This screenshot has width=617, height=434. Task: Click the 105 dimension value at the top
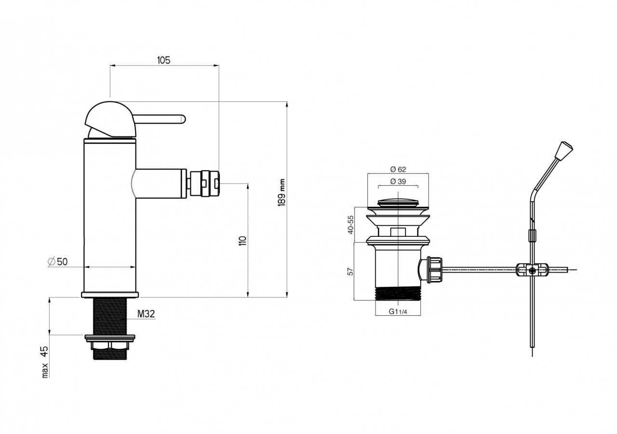[x=163, y=60]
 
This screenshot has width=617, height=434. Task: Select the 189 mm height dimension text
[x=282, y=192]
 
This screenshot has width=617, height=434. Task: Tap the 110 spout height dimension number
[x=242, y=241]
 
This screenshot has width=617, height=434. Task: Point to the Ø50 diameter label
[x=57, y=261]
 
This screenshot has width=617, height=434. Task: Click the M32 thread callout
[x=146, y=313]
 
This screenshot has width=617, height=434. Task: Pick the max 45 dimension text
[x=45, y=362]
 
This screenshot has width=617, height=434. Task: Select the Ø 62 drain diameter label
[x=398, y=169]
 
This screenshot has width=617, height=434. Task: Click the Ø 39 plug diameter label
[x=398, y=181]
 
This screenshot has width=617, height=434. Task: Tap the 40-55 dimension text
[x=350, y=224]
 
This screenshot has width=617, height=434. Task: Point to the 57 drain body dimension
[x=350, y=271]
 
